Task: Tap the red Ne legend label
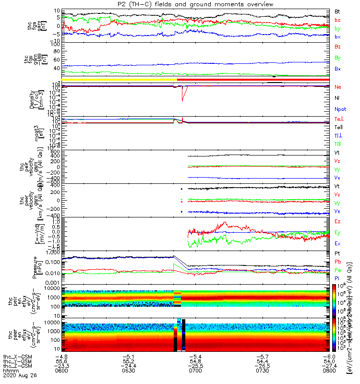tap(338, 87)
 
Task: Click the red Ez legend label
tap(337, 221)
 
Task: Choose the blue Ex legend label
tap(337, 243)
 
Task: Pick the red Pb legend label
tap(338, 262)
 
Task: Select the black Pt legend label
tap(337, 252)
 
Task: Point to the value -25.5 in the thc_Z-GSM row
tap(193, 367)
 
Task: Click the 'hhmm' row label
tap(10, 372)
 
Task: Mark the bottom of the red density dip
tap(182, 101)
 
